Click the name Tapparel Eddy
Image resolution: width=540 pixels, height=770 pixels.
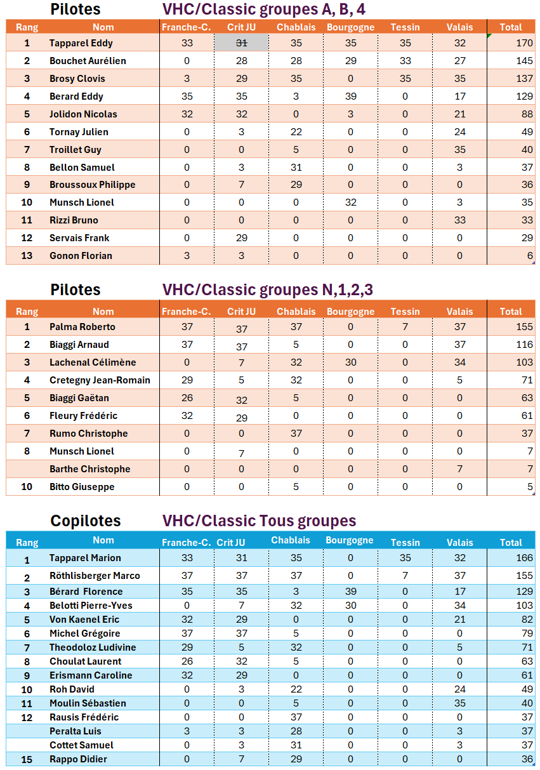81,43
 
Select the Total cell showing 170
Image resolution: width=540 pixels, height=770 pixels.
524,43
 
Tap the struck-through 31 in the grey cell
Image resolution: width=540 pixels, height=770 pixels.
241,43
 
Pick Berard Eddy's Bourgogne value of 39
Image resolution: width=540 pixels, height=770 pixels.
350,96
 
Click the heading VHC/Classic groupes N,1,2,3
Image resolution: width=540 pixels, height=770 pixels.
267,290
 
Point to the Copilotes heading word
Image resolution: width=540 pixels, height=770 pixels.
85,521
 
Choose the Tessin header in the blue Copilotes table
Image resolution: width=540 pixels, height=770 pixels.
405,543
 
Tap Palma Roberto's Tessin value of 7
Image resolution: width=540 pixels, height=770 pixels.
405,327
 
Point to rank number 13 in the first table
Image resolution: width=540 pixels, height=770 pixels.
27,256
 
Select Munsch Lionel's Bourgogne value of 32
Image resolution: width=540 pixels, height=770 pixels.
350,202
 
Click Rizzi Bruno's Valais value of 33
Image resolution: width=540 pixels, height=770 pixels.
459,220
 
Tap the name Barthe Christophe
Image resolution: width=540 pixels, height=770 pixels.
89,469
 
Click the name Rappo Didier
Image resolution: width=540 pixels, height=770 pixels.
78,759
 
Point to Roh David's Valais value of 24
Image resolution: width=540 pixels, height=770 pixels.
459,689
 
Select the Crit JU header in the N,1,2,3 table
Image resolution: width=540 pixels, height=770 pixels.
241,312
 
